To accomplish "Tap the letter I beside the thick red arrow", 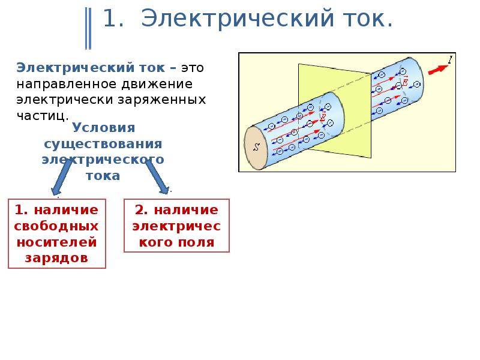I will (x=450, y=58).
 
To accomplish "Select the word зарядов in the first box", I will (x=56, y=258).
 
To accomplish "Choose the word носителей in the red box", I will (x=56, y=242).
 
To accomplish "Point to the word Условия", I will (x=103, y=128).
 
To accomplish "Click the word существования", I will (x=103, y=144).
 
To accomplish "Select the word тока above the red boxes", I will (x=103, y=176).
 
